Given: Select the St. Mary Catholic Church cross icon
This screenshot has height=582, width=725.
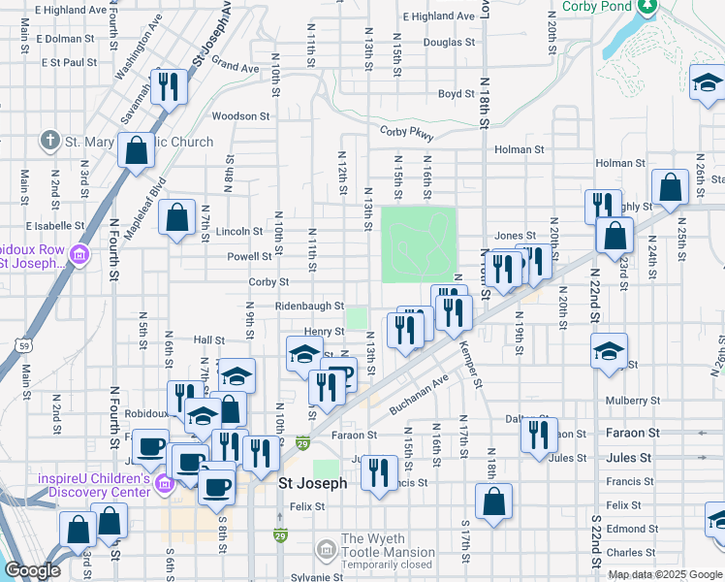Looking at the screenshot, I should (50, 141).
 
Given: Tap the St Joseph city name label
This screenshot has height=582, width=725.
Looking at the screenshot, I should (313, 483).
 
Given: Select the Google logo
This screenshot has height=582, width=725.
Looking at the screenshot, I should (32, 570).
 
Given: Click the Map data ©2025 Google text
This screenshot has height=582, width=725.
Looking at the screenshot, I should (665, 574).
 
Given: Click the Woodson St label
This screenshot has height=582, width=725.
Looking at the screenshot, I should (240, 116).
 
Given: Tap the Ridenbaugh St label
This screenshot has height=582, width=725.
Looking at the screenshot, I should (309, 307).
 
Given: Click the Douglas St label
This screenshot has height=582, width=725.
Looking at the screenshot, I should (449, 43).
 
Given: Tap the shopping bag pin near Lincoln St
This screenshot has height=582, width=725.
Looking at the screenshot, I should (178, 219).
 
